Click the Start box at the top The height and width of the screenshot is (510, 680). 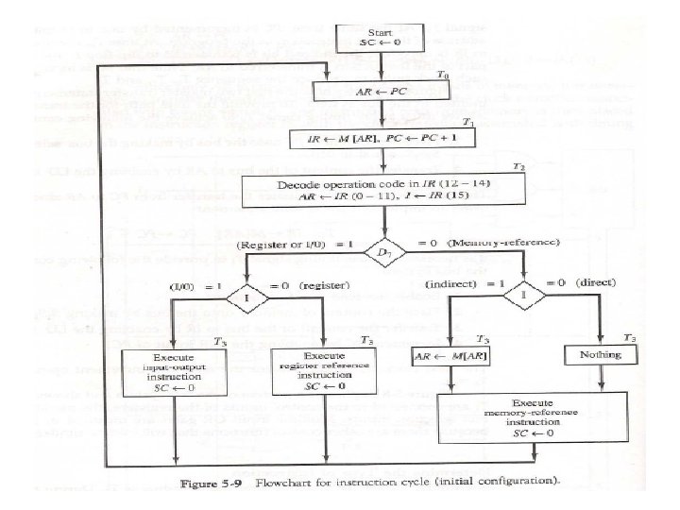tap(379, 39)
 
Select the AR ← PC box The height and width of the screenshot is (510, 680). tap(379, 93)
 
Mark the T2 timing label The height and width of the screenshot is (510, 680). tap(518, 167)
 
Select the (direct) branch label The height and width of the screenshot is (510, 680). tap(599, 283)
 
